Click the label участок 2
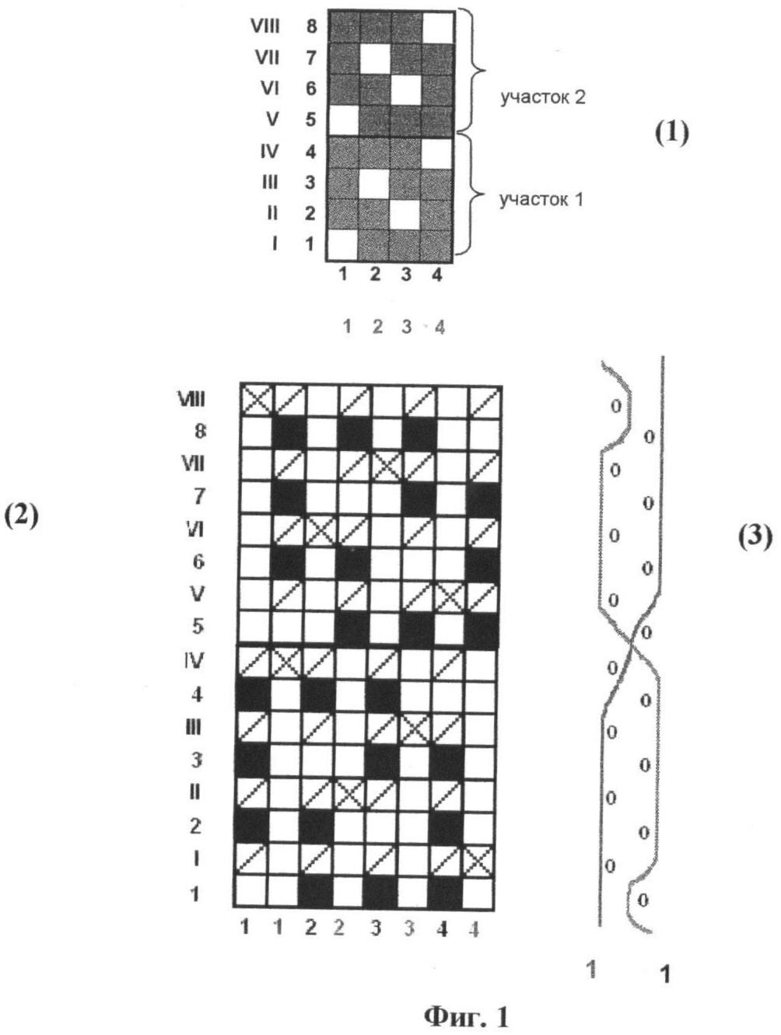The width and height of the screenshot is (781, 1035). click(x=542, y=98)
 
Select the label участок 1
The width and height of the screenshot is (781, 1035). click(x=541, y=200)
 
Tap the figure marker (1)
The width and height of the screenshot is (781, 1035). click(x=671, y=134)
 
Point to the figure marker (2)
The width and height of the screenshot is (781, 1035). click(x=21, y=516)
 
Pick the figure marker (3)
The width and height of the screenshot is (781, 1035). click(x=755, y=537)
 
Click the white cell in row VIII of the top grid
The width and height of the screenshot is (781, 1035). click(x=438, y=27)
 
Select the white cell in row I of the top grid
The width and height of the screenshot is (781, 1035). click(x=342, y=245)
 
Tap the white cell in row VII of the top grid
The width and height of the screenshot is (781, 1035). click(x=376, y=58)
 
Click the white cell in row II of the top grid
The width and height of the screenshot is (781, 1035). click(x=405, y=214)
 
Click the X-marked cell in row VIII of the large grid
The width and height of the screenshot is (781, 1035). click(x=257, y=400)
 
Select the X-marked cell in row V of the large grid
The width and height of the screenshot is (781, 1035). click(x=450, y=596)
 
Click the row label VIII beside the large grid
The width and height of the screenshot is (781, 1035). click(x=191, y=400)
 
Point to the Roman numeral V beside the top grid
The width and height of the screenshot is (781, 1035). click(x=272, y=119)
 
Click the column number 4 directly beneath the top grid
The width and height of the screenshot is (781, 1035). click(x=437, y=275)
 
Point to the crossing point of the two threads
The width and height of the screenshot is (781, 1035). click(x=631, y=644)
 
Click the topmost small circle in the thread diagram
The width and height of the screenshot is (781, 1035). click(x=616, y=406)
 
